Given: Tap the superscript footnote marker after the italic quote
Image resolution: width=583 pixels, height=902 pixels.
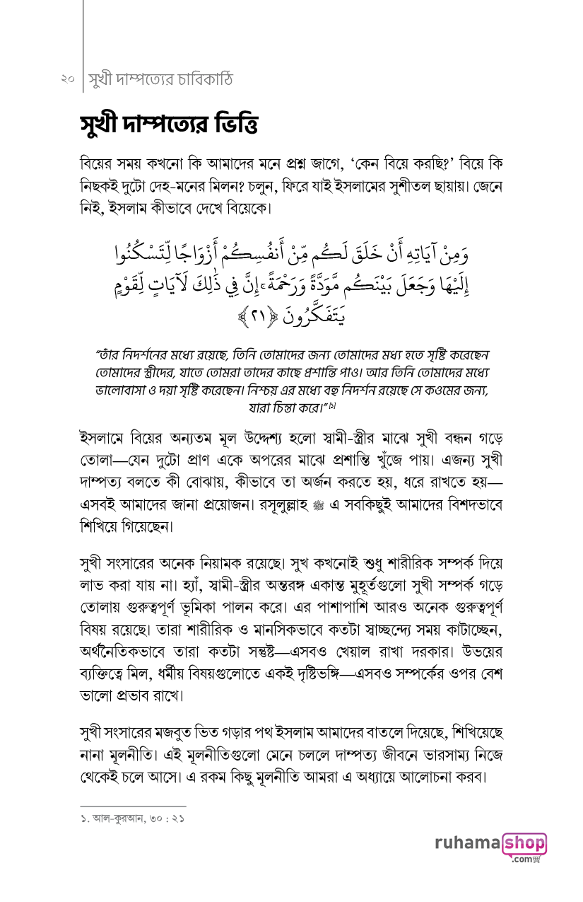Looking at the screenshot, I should coord(330,405).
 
